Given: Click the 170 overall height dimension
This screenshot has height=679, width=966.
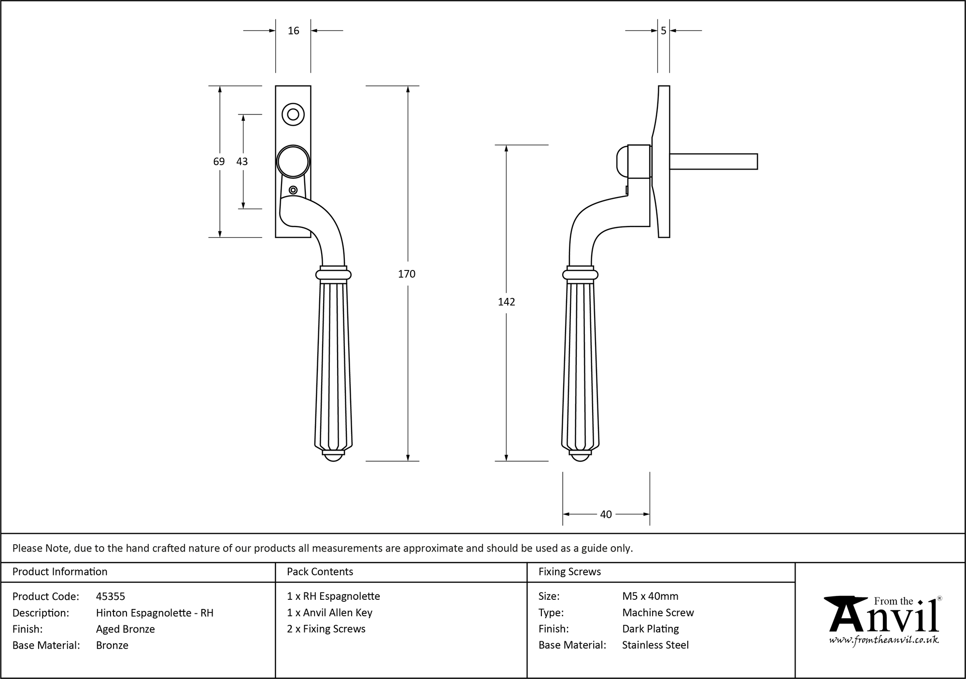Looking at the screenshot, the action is pos(407,274).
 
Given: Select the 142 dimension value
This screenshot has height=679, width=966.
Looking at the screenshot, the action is pos(507,302).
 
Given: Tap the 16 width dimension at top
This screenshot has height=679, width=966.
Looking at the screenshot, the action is pos(293,31).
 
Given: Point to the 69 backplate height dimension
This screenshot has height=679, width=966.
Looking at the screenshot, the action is pos(219,161).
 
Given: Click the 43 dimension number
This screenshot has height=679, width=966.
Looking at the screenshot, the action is pos(242,161).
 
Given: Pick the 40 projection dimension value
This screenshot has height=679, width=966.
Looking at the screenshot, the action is pos(606,515).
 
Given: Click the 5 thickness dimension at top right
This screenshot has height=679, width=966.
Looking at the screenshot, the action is pos(664,31).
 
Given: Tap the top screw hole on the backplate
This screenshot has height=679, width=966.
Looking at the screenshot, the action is pos(293,114).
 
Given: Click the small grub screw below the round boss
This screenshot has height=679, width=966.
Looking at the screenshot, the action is pos(293,190).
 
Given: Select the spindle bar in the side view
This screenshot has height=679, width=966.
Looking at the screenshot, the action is pos(713,161).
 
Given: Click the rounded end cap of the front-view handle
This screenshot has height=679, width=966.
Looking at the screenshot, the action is pos(333,456).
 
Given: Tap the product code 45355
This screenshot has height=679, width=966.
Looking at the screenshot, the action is pos(111,596).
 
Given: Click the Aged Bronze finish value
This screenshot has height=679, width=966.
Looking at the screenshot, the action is pos(126,629).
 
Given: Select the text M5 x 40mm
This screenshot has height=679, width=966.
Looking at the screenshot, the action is pos(650,596).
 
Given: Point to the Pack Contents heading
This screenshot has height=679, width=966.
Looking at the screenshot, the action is pos(320,572).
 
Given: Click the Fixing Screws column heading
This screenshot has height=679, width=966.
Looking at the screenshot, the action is pos(570,572).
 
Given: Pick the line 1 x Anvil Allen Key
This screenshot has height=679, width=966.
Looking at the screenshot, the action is pos(330,613).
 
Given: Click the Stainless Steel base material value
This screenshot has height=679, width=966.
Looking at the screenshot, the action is pos(655,645).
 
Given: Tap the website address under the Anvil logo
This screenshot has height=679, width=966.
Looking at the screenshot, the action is pos(884,640).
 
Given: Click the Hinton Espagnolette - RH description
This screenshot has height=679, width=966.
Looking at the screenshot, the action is pos(155,613).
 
